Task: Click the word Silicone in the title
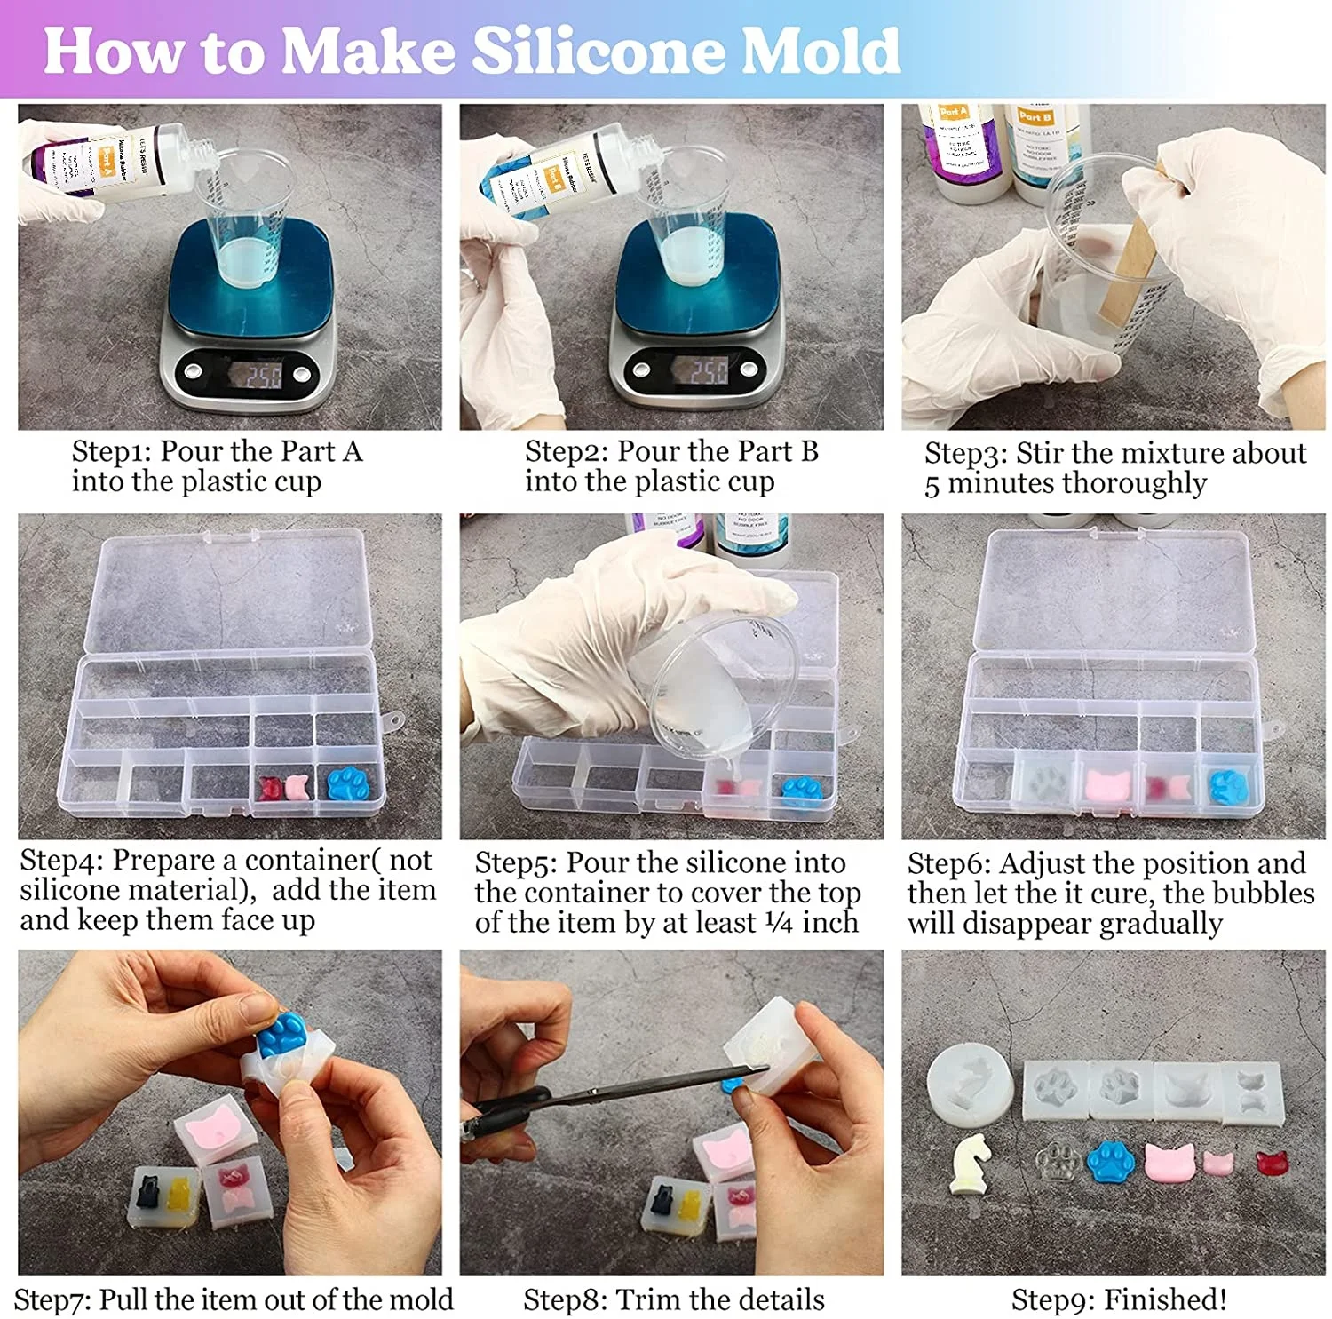[596, 51]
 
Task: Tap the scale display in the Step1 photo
[263, 374]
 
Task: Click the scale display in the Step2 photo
[708, 371]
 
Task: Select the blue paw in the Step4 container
[353, 784]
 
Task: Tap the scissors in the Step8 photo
[604, 1093]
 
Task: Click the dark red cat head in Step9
[1272, 1163]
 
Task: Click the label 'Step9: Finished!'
[1119, 1299]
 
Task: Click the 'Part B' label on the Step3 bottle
[1035, 116]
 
